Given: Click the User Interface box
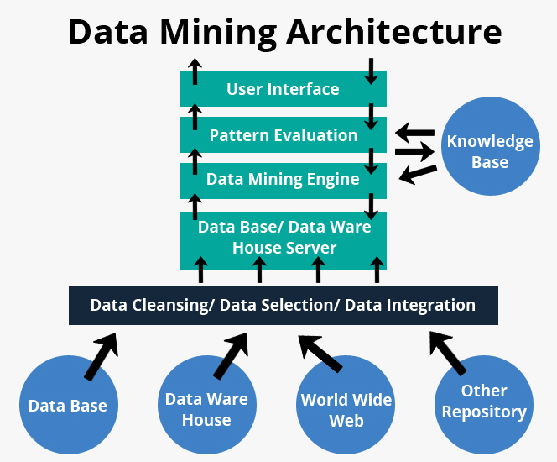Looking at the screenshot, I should (x=283, y=88).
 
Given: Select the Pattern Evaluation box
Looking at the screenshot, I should (x=283, y=134).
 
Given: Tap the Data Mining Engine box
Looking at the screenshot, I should (x=283, y=179).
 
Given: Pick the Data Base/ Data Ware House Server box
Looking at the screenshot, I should (x=283, y=239).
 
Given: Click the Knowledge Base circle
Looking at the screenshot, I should (x=489, y=151).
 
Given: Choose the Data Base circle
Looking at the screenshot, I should (x=68, y=406).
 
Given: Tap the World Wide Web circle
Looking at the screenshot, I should (x=346, y=408).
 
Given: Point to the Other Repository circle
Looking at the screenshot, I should (x=483, y=402).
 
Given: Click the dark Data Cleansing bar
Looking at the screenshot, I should (x=283, y=305).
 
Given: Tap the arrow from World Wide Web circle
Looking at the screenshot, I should (x=320, y=353).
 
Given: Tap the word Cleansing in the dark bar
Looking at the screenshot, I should (x=170, y=305).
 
